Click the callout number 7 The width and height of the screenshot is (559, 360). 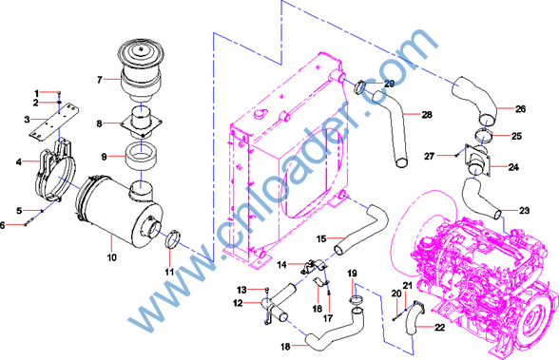pos(100,80)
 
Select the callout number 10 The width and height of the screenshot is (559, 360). pos(111,257)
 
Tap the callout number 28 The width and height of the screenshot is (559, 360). pos(427,115)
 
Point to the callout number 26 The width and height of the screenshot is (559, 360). pos(521,109)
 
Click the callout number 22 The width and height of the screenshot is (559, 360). pos(439,327)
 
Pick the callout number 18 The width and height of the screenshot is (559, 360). pos(285,346)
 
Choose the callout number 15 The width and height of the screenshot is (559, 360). pos(321,238)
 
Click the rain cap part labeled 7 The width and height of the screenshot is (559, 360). pos(141,70)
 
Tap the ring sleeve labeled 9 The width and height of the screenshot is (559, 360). pos(142,156)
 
